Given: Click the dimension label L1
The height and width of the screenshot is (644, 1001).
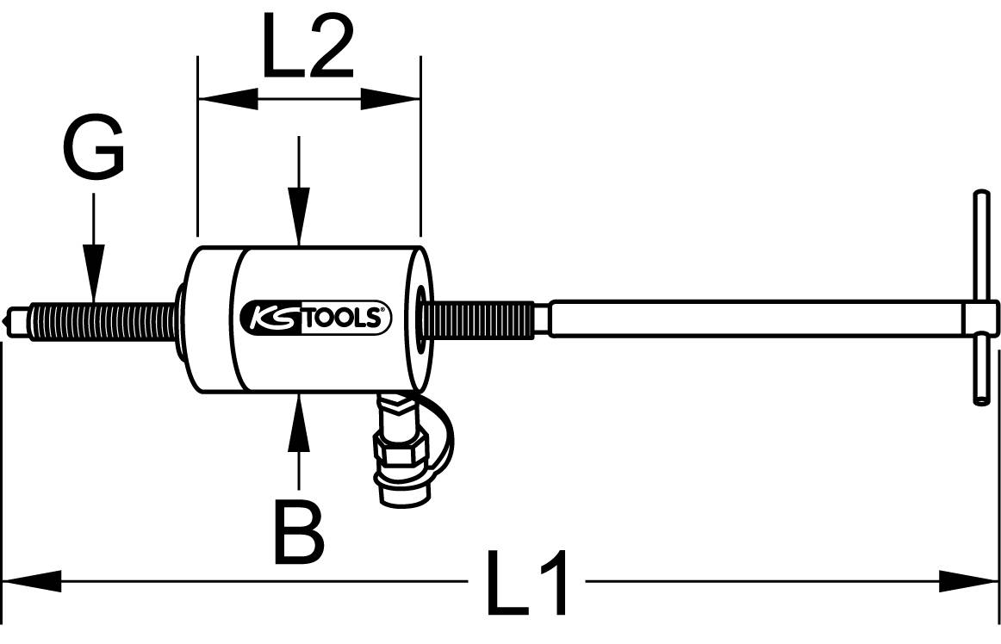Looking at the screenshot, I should [x=527, y=583].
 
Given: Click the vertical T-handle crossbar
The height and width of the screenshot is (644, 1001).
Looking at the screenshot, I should [x=979, y=297].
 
